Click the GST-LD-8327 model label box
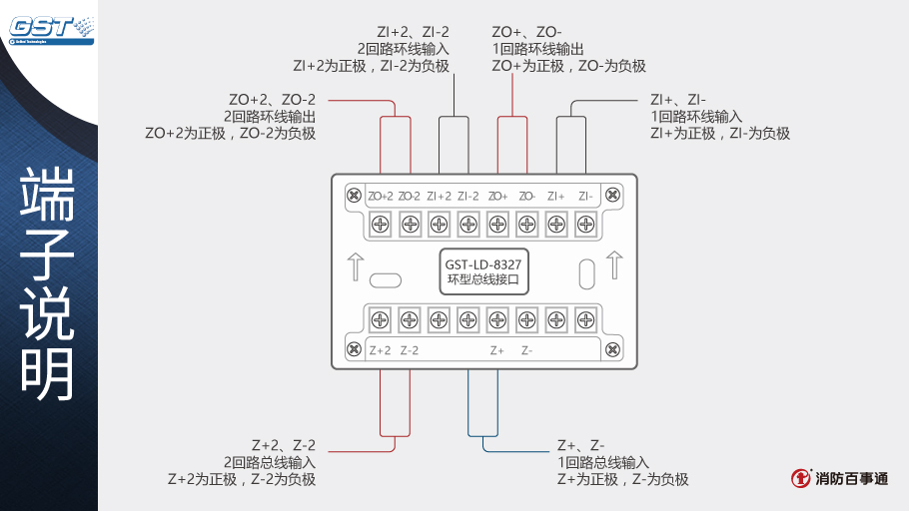[483, 271]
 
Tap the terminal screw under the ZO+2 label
[381, 224]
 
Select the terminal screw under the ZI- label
[586, 224]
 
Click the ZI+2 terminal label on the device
[440, 197]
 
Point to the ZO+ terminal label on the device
[498, 197]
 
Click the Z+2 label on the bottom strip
[381, 350]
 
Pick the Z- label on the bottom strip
[526, 350]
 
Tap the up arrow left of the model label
[354, 265]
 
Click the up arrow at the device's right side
[613, 264]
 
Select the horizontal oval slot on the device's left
[385, 279]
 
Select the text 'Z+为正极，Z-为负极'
[622, 479]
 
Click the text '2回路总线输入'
[270, 462]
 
